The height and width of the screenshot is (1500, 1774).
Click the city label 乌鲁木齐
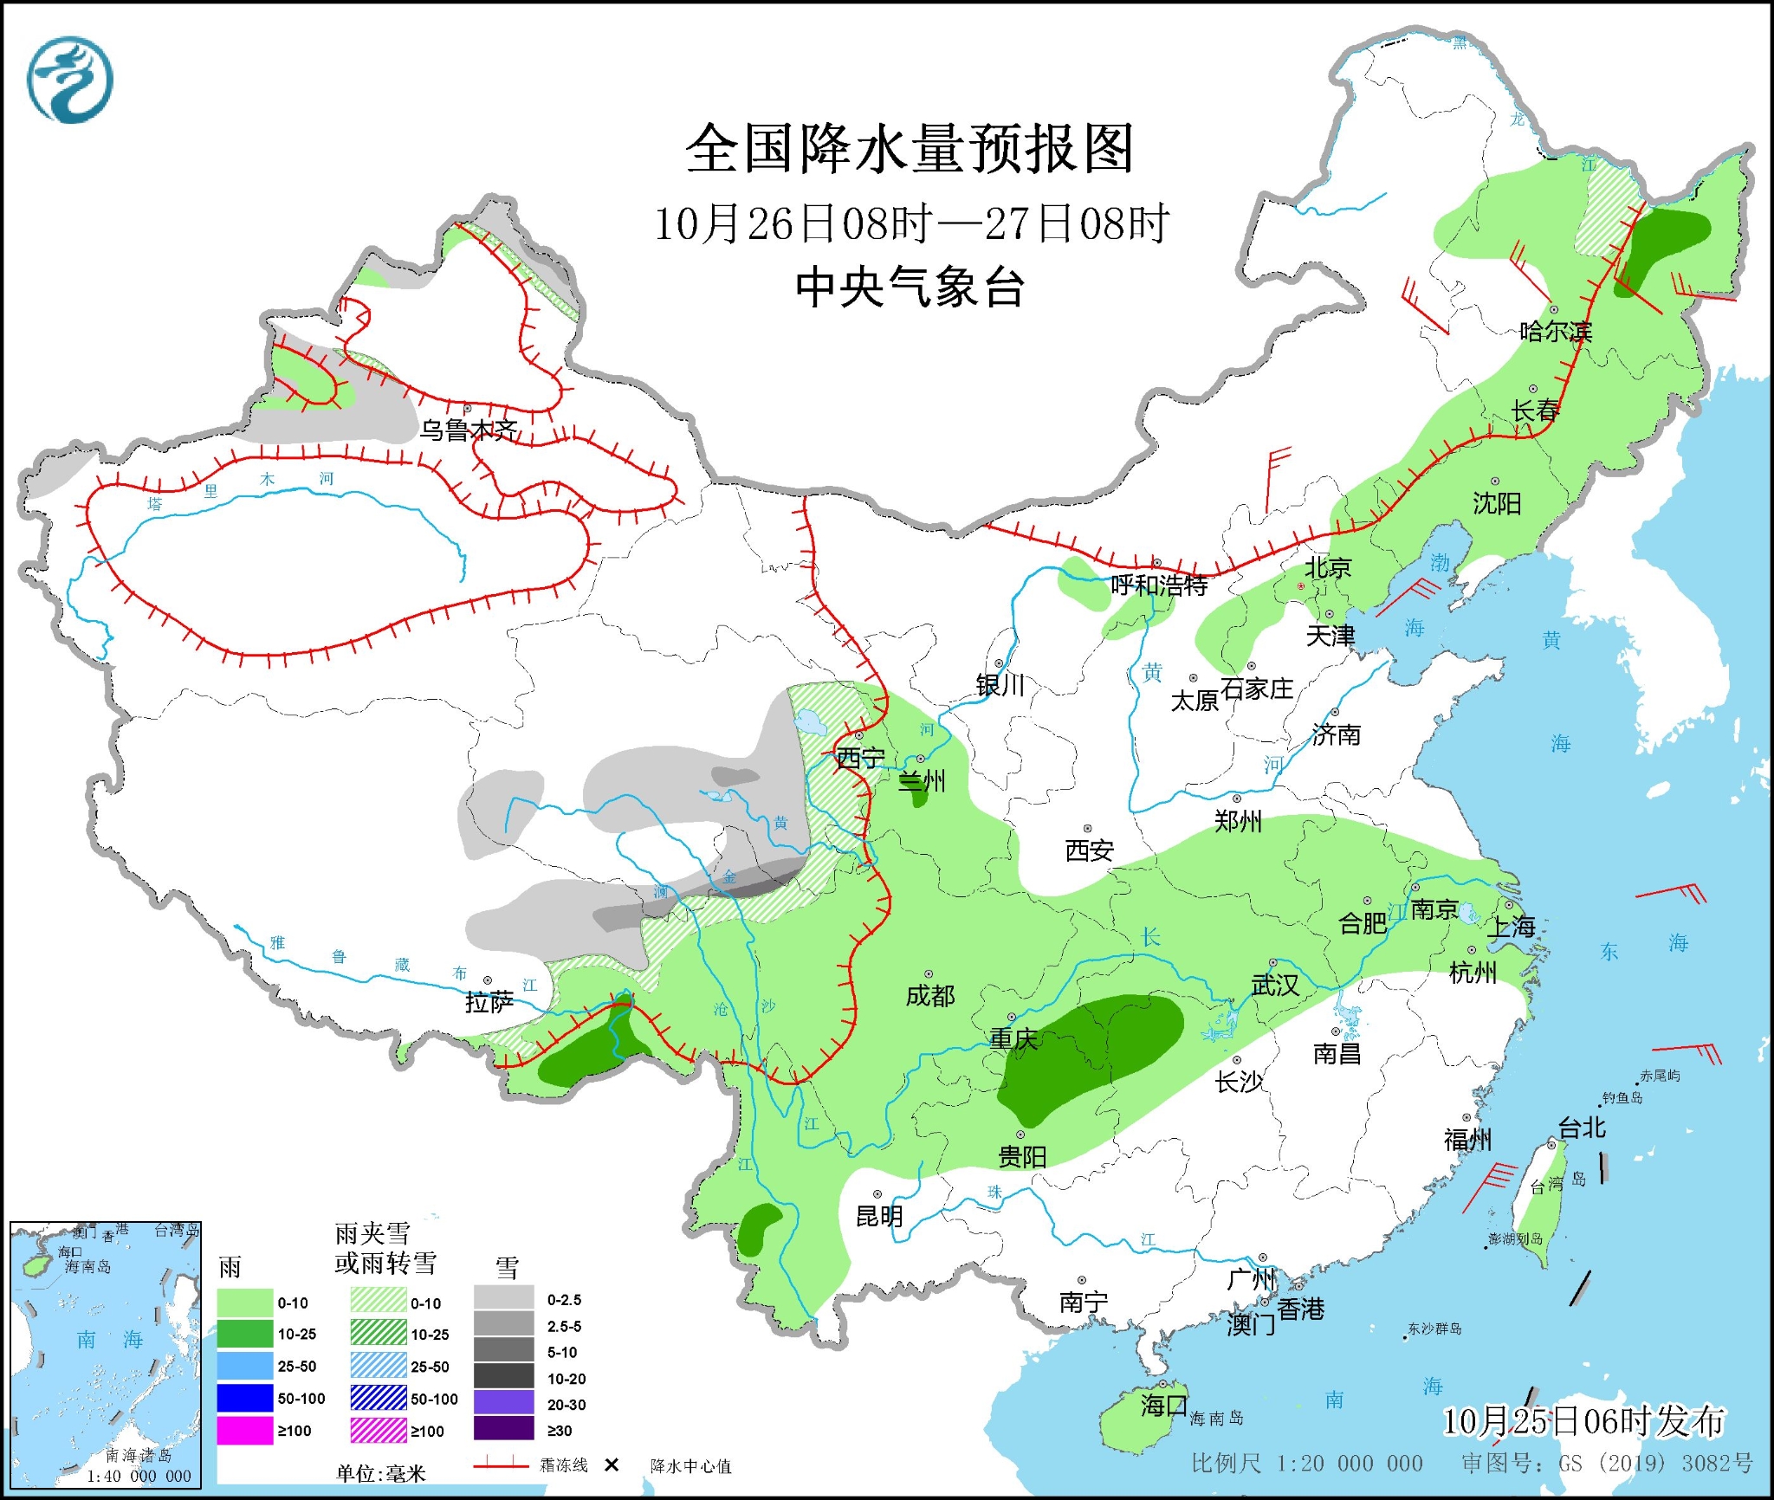tap(469, 430)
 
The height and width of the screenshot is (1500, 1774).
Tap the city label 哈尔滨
tap(1556, 331)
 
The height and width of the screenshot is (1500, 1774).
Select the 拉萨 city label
tap(489, 1002)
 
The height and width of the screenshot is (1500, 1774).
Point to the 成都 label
tap(930, 996)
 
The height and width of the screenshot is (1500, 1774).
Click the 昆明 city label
tap(879, 1217)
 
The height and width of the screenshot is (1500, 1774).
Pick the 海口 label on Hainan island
tap(1163, 1405)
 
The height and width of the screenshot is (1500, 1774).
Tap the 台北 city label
tap(1582, 1128)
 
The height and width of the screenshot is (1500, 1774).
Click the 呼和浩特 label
tap(1159, 585)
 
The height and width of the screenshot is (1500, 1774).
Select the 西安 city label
tap(1089, 851)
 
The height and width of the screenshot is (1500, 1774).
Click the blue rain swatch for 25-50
tap(244, 1366)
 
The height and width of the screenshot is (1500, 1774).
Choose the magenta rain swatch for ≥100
tap(244, 1431)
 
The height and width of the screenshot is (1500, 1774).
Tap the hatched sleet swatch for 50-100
tap(379, 1398)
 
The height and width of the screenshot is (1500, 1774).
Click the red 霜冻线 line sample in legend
tap(501, 1464)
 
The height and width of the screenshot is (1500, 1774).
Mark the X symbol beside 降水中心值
tap(612, 1464)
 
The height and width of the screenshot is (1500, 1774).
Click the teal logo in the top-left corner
tap(70, 80)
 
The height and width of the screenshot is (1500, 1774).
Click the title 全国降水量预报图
tap(910, 149)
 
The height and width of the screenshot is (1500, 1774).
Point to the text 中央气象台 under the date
tap(910, 288)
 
